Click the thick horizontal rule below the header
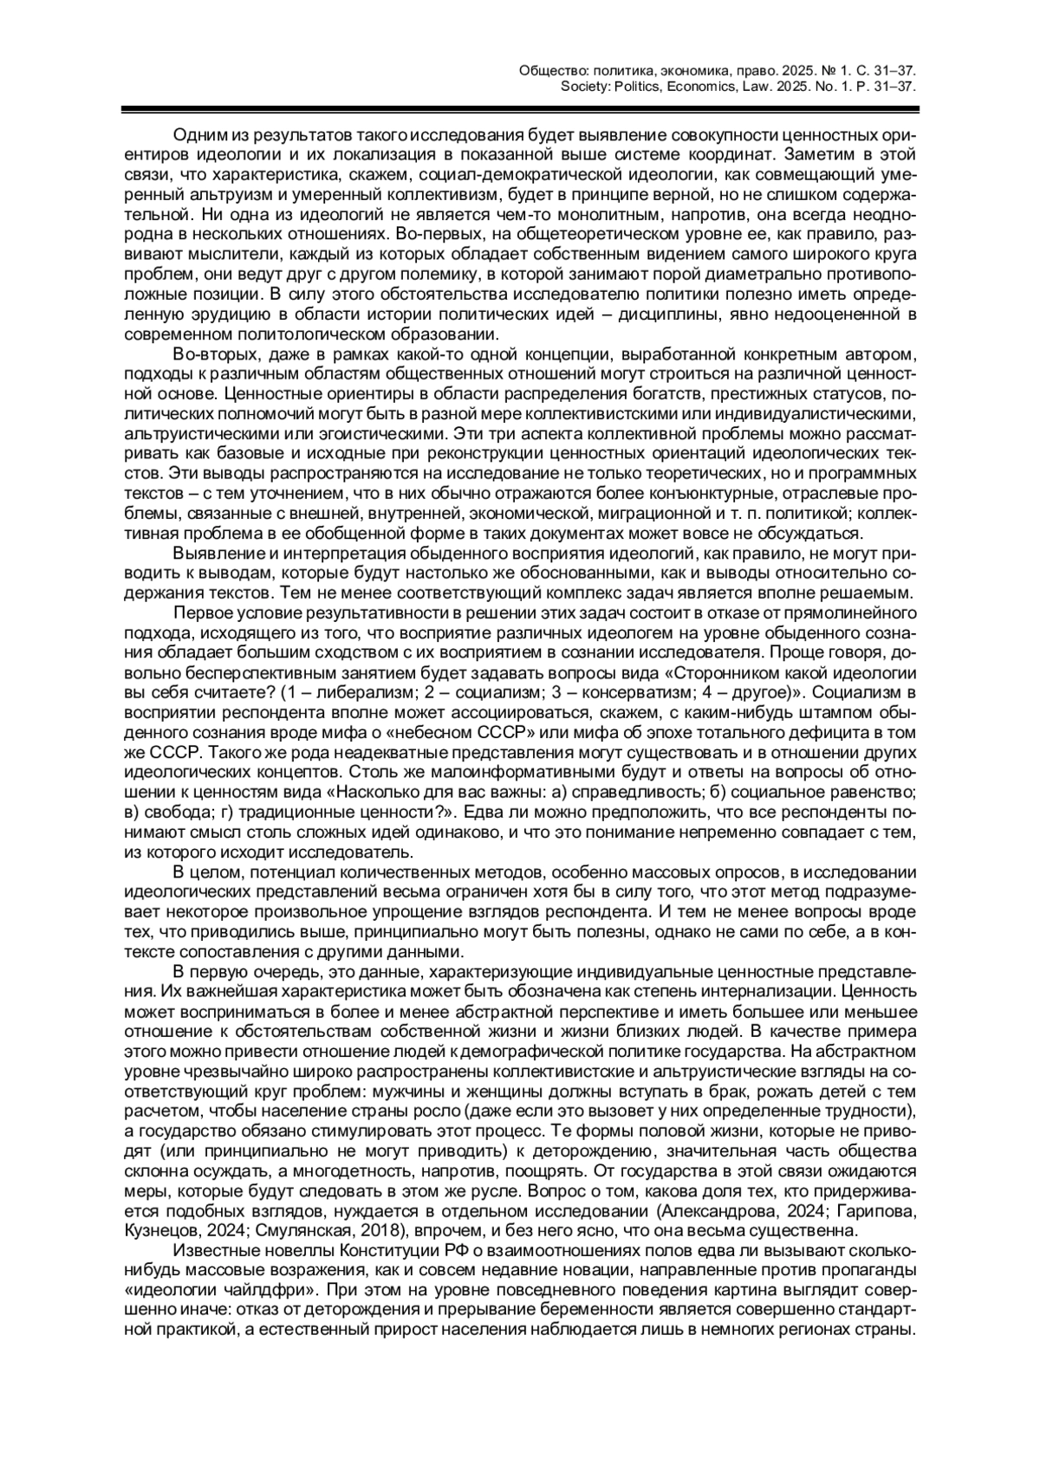[x=520, y=110]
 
